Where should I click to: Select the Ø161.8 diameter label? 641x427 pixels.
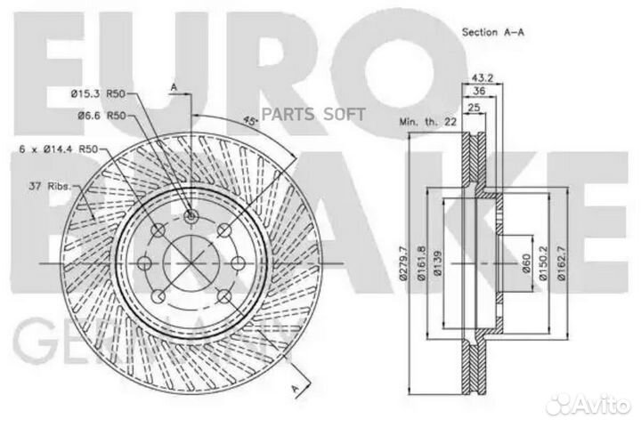(x=425, y=266)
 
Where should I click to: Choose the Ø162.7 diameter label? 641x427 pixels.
(x=563, y=266)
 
